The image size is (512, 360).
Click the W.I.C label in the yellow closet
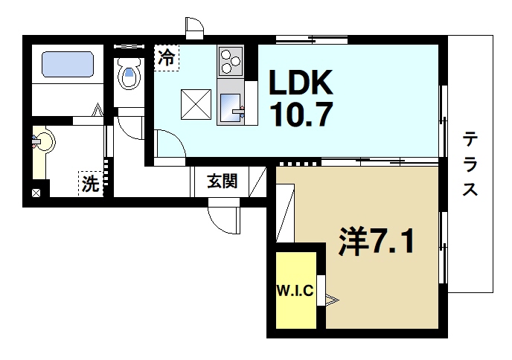[295, 289]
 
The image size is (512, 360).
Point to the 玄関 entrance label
[223, 181]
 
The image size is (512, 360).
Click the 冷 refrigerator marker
[167, 58]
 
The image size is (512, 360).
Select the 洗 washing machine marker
[90, 184]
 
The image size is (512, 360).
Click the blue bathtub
[67, 64]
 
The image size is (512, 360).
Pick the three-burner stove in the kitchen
[231, 60]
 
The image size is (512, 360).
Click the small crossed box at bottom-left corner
[36, 193]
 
